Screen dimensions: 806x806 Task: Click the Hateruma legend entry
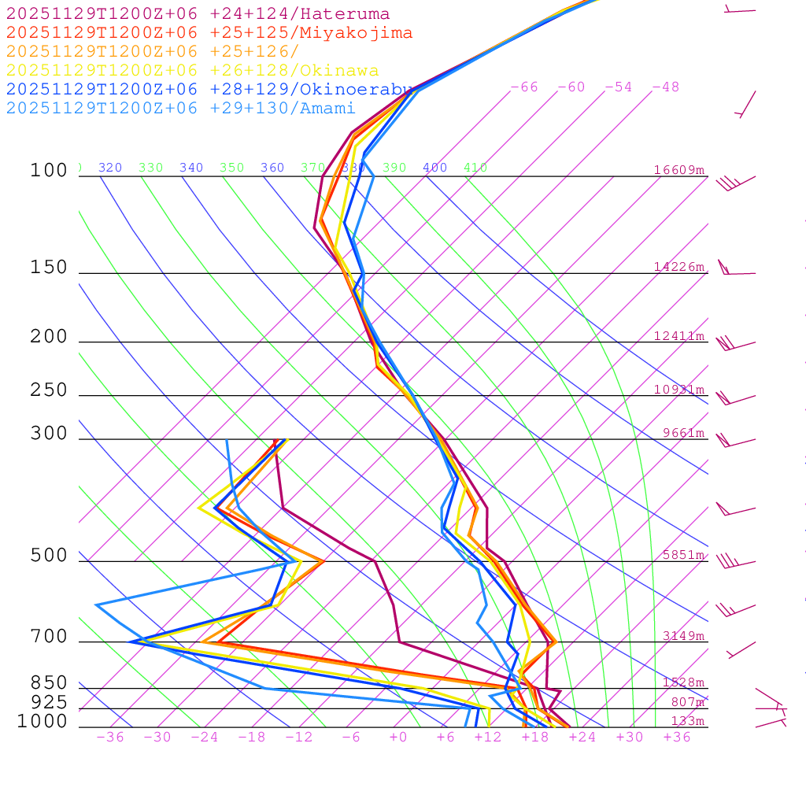coord(198,14)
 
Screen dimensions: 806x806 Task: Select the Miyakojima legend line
coord(209,33)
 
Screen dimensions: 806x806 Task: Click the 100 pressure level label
coord(49,171)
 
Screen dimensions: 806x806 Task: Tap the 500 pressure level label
coord(49,556)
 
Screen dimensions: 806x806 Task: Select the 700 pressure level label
coord(49,637)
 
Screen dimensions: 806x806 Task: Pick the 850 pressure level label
coord(49,683)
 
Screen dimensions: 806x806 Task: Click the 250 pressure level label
coord(49,390)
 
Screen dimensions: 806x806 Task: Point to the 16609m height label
coord(679,170)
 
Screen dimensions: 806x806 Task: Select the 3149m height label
coord(683,636)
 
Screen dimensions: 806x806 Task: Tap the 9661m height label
coord(683,433)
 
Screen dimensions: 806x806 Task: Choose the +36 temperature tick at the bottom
coord(677,737)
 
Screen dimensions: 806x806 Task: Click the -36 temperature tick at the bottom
coord(110,737)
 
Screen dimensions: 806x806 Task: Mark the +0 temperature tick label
coord(398,737)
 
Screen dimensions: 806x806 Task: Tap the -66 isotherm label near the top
coord(524,87)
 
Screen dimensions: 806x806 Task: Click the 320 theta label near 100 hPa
coord(110,168)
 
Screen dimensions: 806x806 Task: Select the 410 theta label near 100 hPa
coord(475,168)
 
